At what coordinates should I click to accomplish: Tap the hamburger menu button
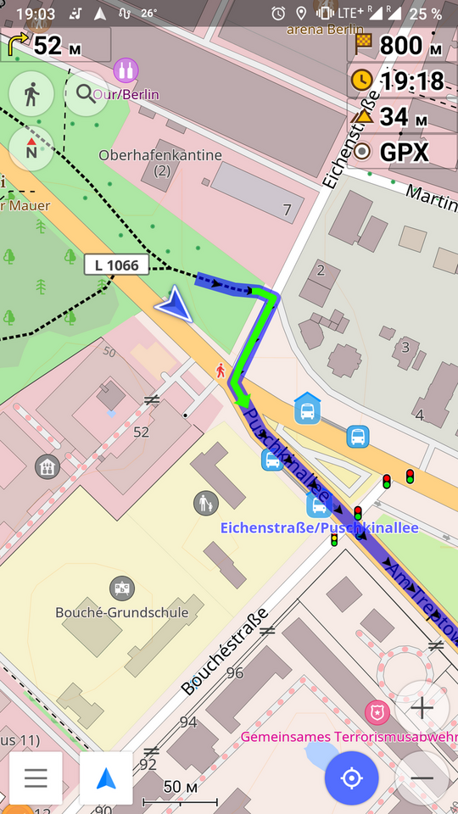tap(36, 778)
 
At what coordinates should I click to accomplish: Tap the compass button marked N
tap(31, 148)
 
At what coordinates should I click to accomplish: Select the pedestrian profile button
tap(31, 93)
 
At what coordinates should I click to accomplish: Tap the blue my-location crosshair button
tap(351, 778)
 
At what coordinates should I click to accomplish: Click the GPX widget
tap(394, 153)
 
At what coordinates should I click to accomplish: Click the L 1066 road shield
tap(117, 265)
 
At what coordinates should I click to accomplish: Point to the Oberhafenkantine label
tap(160, 156)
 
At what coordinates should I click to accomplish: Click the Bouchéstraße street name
tap(225, 651)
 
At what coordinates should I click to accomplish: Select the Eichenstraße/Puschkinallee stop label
tap(320, 527)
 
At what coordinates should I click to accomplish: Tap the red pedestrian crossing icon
tap(221, 370)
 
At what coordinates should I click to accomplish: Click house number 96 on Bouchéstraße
tap(235, 673)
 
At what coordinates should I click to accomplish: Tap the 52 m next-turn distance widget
tap(47, 45)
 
